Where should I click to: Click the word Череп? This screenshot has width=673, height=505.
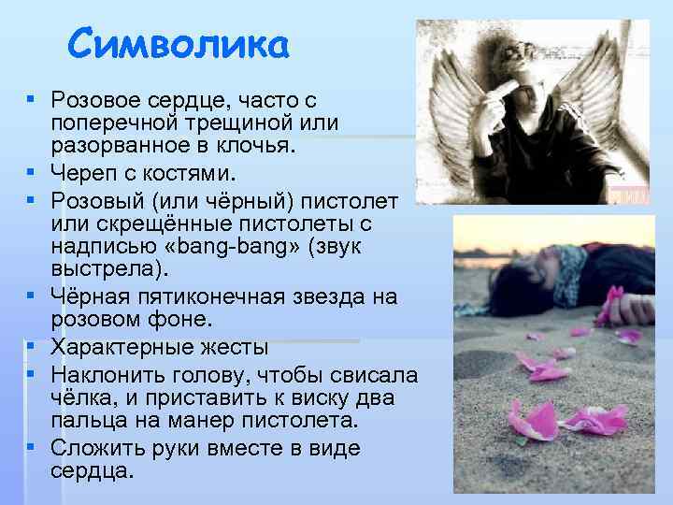coord(82,173)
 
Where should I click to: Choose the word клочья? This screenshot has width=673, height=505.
coord(256,149)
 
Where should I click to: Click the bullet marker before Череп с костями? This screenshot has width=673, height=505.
coord(32,173)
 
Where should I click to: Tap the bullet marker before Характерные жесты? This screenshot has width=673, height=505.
coord(32,347)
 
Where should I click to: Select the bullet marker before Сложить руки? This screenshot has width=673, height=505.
coord(32,448)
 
